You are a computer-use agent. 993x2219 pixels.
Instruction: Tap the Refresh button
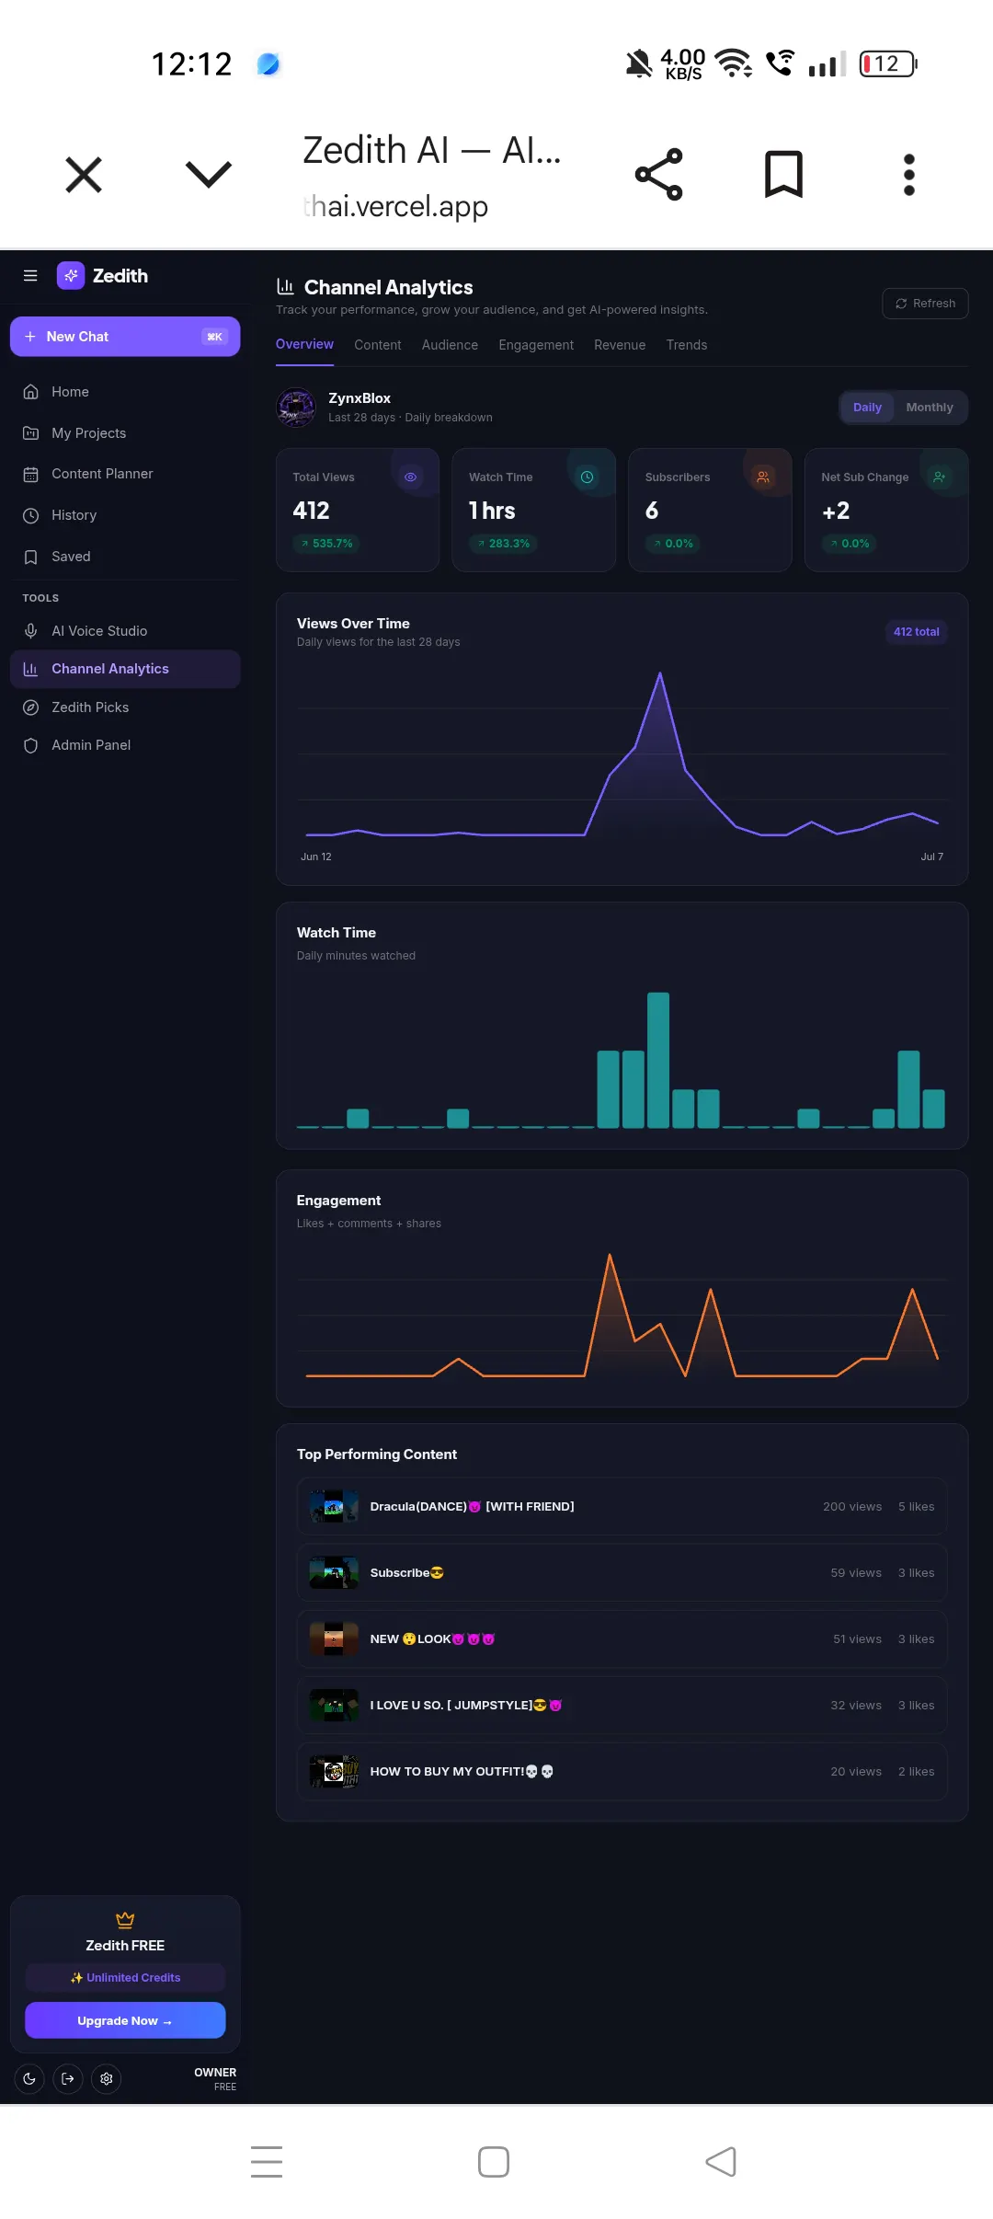point(925,304)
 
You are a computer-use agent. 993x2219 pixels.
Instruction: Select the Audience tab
point(450,345)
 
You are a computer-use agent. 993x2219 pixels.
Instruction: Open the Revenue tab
point(620,345)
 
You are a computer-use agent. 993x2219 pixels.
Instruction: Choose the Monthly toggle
point(930,408)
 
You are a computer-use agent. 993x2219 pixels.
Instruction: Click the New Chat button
point(125,337)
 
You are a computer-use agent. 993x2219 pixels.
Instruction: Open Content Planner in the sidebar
point(102,474)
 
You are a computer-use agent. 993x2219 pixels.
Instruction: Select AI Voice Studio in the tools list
point(99,631)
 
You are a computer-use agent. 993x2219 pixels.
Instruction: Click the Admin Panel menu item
point(91,745)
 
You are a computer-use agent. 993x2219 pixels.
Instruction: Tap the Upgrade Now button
point(125,2020)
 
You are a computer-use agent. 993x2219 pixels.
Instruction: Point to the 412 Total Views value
point(311,511)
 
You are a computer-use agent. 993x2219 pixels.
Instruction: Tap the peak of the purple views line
point(660,673)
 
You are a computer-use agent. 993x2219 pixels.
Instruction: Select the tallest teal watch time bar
point(658,1060)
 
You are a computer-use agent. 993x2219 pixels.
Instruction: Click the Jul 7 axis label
point(932,857)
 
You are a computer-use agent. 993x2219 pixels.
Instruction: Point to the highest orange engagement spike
point(610,1256)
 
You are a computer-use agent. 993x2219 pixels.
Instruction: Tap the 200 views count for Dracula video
point(852,1507)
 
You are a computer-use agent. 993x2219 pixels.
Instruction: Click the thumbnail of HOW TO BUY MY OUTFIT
point(334,1771)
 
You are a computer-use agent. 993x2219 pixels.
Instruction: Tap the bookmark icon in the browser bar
point(784,174)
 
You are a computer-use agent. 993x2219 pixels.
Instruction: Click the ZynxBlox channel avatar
point(296,408)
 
